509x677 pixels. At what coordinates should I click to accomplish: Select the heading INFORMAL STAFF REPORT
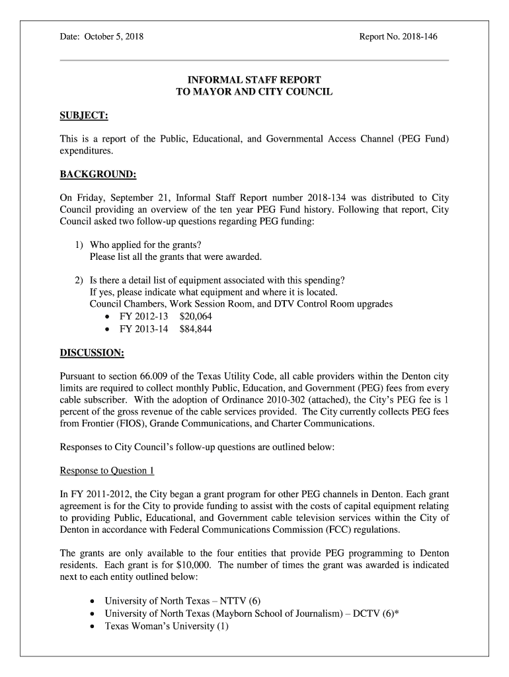pyautogui.click(x=254, y=80)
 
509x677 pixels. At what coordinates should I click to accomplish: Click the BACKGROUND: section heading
pyautogui.click(x=98, y=175)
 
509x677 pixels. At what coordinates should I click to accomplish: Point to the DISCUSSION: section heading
pyautogui.click(x=92, y=352)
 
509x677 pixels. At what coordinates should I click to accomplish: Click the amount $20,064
pyautogui.click(x=196, y=316)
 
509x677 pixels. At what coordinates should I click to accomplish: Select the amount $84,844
pyautogui.click(x=196, y=329)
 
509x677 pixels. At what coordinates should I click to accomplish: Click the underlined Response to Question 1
pyautogui.click(x=107, y=471)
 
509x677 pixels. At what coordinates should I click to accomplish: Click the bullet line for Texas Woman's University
pyautogui.click(x=167, y=627)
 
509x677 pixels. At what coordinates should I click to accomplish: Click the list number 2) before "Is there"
pyautogui.click(x=79, y=280)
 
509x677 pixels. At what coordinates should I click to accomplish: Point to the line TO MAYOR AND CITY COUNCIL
pyautogui.click(x=254, y=93)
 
